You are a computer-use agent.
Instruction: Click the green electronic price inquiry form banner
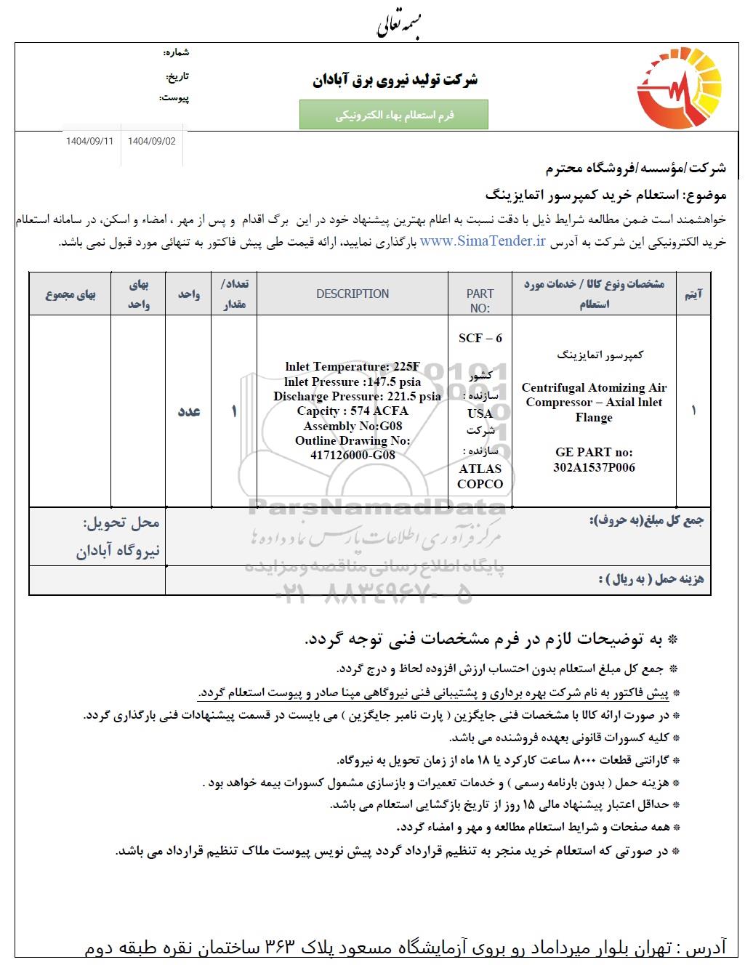point(394,115)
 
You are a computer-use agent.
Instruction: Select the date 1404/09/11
point(89,141)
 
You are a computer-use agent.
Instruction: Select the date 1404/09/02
point(151,141)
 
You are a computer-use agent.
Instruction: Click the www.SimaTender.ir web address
point(483,242)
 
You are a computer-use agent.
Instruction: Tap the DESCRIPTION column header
point(353,294)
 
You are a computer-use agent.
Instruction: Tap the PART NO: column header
point(480,300)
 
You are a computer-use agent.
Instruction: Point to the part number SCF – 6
point(480,338)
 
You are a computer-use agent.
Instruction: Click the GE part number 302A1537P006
point(594,467)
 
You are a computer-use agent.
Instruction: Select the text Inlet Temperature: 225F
point(353,367)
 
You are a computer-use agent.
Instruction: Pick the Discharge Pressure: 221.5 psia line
point(357,397)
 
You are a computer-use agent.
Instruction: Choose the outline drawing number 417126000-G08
point(353,456)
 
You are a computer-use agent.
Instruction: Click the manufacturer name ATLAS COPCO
point(480,476)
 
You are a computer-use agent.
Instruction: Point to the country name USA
point(480,413)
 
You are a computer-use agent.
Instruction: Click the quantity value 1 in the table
point(234,411)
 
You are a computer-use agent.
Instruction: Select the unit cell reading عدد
point(189,411)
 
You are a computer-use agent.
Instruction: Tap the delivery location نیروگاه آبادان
point(118,552)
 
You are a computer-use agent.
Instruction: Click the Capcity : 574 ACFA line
point(353,411)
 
